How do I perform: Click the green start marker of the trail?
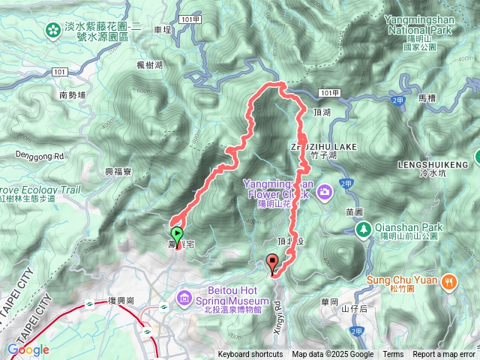click(177, 234)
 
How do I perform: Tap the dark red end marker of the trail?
click(272, 262)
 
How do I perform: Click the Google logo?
click(28, 350)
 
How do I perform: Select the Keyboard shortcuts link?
click(250, 355)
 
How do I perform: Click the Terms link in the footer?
click(393, 355)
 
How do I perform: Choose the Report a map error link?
click(444, 355)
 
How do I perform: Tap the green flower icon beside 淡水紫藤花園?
click(52, 30)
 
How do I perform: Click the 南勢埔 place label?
click(73, 95)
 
